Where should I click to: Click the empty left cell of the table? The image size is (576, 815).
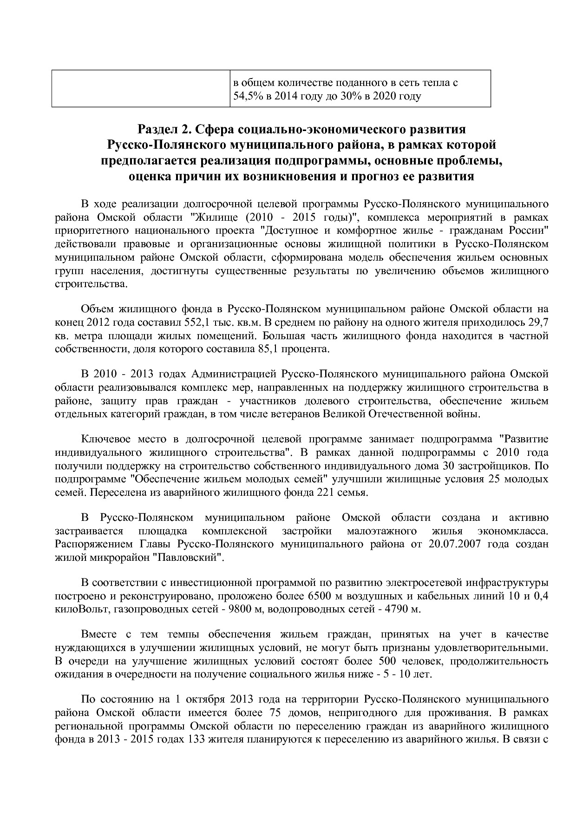141,89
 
